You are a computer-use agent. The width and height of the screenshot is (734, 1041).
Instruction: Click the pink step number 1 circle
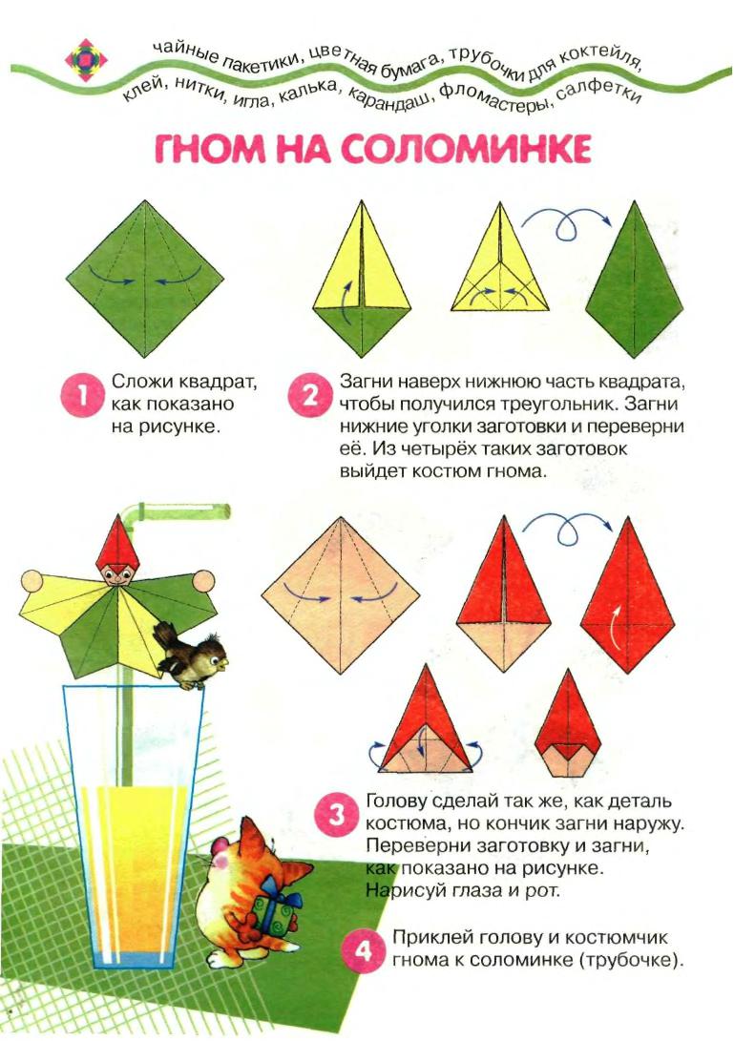tap(82, 396)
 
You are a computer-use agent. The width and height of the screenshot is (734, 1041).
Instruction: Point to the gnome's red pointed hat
tap(117, 539)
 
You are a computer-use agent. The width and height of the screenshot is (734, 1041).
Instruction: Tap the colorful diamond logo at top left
tap(86, 60)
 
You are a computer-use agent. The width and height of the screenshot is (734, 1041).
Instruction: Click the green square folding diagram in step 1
tap(145, 279)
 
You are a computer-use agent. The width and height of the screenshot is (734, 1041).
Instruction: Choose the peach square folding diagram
tap(341, 596)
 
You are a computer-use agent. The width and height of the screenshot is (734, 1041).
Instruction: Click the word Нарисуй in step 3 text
tap(406, 891)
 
